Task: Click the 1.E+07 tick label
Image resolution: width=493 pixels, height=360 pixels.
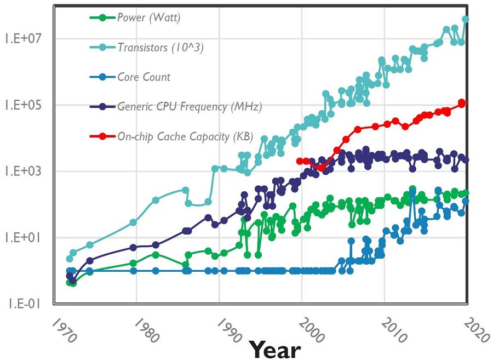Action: point(23,38)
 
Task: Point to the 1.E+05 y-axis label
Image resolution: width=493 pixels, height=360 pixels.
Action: point(23,105)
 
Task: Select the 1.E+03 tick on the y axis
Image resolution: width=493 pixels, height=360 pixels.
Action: point(23,171)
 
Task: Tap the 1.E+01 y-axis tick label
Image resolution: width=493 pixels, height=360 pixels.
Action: point(23,237)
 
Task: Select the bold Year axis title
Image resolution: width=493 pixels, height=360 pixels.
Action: point(275,349)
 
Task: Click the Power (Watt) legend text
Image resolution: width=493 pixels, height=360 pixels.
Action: point(148,18)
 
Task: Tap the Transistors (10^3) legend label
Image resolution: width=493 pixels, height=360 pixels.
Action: point(160,47)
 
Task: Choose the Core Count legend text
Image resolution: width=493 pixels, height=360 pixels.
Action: point(144,77)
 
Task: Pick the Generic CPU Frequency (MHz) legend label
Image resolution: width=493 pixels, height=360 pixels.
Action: point(190,107)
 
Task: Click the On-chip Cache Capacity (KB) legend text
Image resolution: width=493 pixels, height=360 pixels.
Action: point(185,136)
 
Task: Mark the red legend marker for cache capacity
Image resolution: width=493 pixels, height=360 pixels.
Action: point(102,136)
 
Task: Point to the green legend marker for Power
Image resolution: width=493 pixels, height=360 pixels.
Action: point(102,18)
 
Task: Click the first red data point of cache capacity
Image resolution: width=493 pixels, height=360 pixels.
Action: point(299,161)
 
